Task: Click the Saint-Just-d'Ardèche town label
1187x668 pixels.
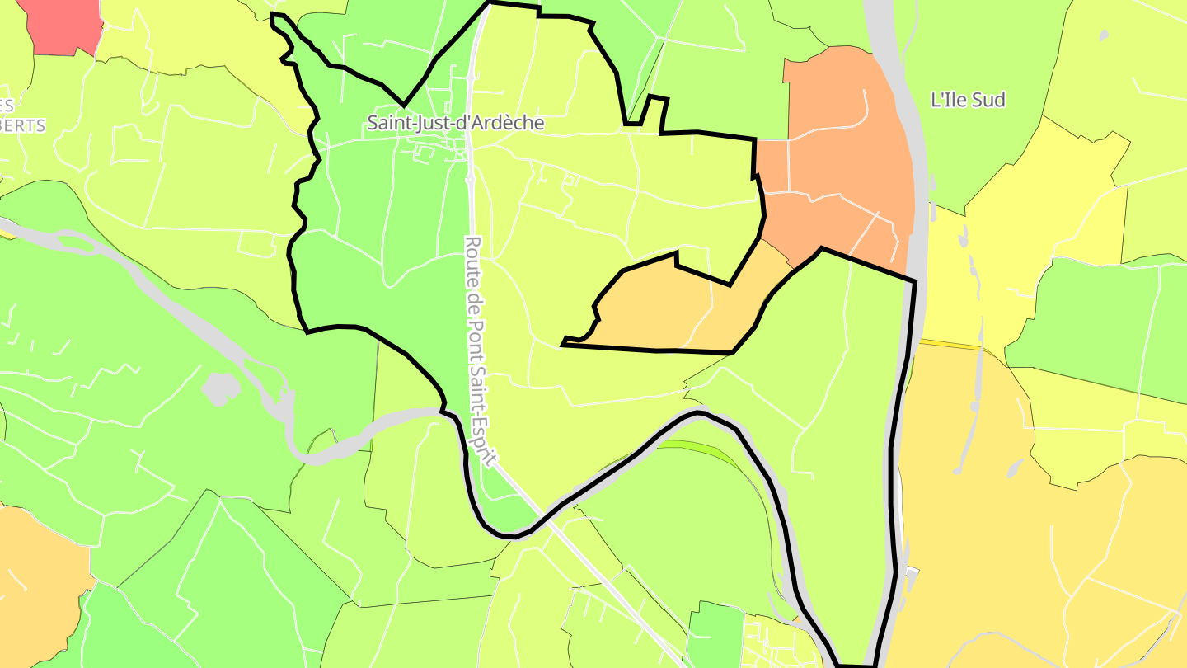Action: (456, 123)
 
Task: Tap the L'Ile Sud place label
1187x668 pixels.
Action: (968, 100)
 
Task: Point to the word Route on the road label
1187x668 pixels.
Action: (472, 256)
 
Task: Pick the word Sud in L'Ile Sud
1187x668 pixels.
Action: (989, 100)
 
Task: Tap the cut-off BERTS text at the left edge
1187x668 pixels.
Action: (22, 126)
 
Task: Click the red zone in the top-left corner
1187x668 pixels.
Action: (64, 25)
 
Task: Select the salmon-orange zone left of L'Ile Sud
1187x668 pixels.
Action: (833, 148)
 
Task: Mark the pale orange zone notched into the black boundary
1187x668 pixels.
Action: (659, 309)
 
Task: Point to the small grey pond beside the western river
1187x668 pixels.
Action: (219, 388)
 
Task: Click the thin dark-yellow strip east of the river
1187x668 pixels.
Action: (948, 343)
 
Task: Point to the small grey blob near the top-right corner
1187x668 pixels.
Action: (1103, 35)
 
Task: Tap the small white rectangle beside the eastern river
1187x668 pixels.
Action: (910, 571)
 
